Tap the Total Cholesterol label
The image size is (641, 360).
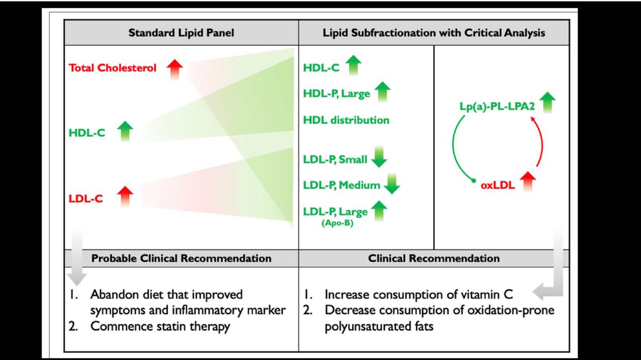pyautogui.click(x=113, y=68)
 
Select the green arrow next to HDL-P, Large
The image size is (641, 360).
pyautogui.click(x=382, y=91)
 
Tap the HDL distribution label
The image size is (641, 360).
pyautogui.click(x=346, y=120)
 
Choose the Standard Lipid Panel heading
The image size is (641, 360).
pyautogui.click(x=181, y=33)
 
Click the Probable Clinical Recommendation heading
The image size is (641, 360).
pyautogui.click(x=181, y=259)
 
